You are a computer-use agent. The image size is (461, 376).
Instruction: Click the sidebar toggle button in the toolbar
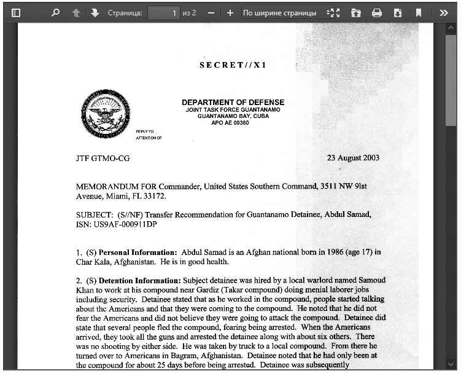click(x=16, y=12)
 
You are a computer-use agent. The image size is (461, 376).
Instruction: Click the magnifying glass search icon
click(x=55, y=12)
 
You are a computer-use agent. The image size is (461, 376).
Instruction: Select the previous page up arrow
click(x=76, y=12)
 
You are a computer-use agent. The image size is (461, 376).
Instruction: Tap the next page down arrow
click(x=95, y=12)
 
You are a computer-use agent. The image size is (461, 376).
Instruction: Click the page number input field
click(x=164, y=12)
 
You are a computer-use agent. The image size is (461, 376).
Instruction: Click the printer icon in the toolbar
click(x=377, y=12)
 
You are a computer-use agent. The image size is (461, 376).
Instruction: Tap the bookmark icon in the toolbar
click(x=419, y=12)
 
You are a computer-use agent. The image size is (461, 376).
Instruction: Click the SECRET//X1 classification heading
click(x=233, y=65)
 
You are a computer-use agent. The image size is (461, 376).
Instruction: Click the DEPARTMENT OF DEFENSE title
click(x=233, y=102)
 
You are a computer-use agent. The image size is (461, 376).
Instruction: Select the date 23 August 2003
click(x=353, y=158)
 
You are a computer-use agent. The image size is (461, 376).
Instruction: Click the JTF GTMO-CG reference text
click(x=103, y=158)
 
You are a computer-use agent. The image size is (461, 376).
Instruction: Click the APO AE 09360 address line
click(x=230, y=123)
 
